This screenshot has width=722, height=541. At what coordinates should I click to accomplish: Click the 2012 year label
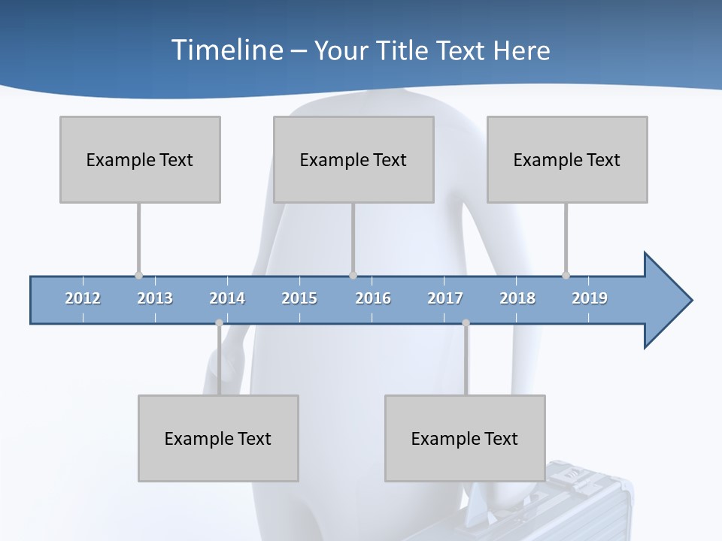click(83, 298)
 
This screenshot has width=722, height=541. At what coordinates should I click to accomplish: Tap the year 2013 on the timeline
click(155, 298)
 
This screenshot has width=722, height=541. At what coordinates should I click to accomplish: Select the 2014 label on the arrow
click(227, 298)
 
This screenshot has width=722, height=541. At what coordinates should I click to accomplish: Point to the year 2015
click(299, 298)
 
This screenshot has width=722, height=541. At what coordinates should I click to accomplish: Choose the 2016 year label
click(373, 298)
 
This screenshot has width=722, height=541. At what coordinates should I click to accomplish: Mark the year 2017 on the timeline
click(445, 298)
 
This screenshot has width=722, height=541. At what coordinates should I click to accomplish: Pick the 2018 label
click(517, 298)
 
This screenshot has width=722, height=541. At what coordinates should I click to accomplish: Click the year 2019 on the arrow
click(590, 298)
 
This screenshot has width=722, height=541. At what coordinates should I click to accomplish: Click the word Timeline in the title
click(226, 50)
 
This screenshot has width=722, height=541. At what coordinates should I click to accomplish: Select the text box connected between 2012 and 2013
click(140, 159)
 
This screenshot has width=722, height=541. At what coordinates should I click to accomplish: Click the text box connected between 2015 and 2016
click(353, 159)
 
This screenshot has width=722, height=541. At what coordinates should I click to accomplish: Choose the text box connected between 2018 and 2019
click(567, 159)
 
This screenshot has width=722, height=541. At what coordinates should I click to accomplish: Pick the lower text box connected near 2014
click(218, 438)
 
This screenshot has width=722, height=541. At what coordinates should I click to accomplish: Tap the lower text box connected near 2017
click(465, 438)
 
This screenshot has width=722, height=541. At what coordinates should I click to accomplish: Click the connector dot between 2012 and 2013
click(138, 275)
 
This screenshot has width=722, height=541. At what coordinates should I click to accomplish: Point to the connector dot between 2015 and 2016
click(353, 275)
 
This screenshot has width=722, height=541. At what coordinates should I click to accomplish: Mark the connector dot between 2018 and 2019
click(566, 275)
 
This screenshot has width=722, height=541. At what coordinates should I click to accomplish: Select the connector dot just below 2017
click(466, 323)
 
